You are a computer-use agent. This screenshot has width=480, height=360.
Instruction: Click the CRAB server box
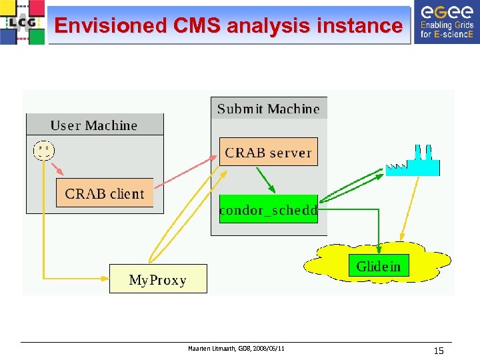268,152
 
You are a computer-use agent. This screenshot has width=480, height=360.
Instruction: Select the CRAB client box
105,193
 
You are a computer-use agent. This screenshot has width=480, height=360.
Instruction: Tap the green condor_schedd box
268,210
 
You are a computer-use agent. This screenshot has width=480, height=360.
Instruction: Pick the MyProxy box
158,279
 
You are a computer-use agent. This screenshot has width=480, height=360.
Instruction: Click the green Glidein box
379,266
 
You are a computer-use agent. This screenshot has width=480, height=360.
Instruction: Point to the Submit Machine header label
269,109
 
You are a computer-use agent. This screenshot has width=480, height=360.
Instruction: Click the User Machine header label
94,125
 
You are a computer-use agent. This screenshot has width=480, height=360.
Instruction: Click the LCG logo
23,22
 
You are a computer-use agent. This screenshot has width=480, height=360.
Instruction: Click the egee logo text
444,11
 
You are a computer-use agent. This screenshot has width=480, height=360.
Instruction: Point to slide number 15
438,351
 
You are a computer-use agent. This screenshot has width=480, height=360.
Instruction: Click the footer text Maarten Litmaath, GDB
235,349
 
